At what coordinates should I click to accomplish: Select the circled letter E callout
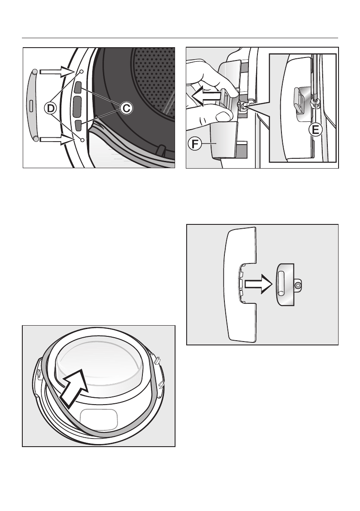pos(316,130)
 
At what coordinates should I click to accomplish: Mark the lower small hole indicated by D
pos(82,139)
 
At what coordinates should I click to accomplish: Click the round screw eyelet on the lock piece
pos(297,285)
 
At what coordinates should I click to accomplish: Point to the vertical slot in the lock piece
pos(282,285)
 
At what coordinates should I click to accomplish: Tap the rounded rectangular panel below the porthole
pos(99,420)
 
